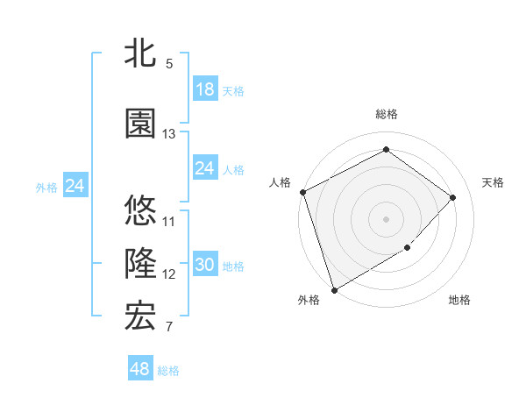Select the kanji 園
[x=140, y=124]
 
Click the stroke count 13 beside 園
[x=169, y=134]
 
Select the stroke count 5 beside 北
[x=169, y=64]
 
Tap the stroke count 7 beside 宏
[x=169, y=328]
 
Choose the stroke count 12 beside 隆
[x=169, y=274]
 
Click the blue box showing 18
[x=204, y=89]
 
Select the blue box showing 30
[x=204, y=266]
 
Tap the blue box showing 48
[x=140, y=369]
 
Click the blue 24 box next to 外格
[x=75, y=186]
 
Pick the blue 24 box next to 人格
[x=204, y=168]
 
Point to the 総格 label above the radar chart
[x=387, y=114]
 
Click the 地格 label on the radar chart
[x=459, y=300]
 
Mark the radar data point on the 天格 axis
[x=453, y=197]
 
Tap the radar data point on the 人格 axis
[x=302, y=192]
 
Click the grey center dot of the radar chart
[x=387, y=218]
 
